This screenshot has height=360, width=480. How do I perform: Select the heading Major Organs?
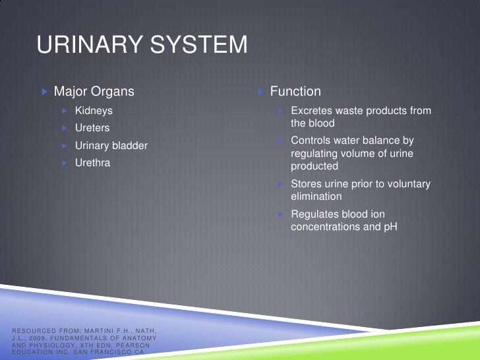coord(94,91)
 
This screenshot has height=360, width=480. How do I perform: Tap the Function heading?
coord(295,91)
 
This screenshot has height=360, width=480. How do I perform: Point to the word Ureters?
coord(92,128)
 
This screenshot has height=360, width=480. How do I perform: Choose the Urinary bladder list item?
coord(111,145)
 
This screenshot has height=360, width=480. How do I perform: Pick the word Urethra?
coord(92,162)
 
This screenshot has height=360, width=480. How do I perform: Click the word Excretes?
coord(312,111)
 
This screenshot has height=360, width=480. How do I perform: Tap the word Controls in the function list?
coord(311,140)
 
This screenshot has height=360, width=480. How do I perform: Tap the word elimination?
coord(316,196)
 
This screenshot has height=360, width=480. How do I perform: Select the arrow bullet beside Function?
coord(260,91)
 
